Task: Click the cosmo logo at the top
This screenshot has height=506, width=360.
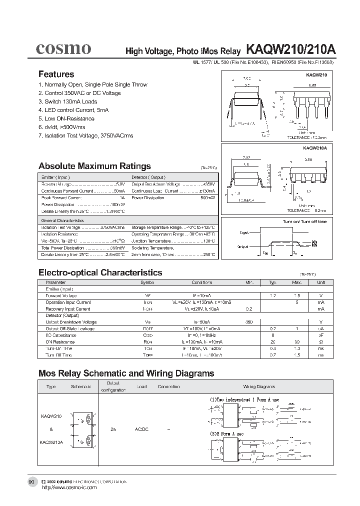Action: click(62, 48)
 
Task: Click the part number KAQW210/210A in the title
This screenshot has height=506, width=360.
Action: click(290, 50)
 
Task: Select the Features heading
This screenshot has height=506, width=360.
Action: click(56, 74)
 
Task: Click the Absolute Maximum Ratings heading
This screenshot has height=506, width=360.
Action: click(94, 166)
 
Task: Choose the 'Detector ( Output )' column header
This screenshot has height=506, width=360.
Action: click(148, 177)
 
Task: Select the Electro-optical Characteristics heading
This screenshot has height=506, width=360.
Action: click(100, 272)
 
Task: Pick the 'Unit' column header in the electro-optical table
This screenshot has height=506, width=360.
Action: click(320, 282)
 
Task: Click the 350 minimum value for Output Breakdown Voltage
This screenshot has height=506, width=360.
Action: click(249, 322)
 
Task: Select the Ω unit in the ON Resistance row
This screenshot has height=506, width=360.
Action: click(320, 341)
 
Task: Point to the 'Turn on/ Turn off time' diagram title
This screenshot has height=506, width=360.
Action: click(304, 221)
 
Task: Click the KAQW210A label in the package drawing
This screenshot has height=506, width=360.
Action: click(315, 148)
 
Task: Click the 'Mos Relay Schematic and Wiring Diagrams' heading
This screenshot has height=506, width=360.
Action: click(126, 373)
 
